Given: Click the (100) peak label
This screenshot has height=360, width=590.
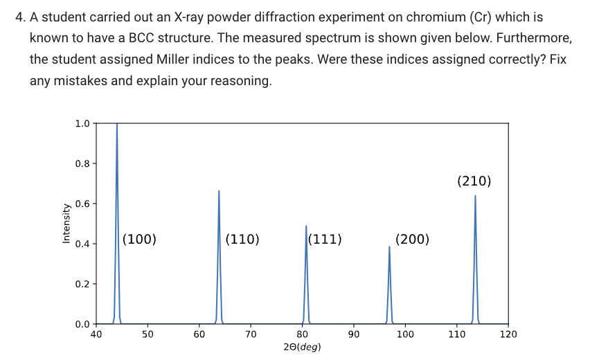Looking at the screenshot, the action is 139,240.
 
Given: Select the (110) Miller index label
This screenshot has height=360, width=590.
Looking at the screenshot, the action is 242,240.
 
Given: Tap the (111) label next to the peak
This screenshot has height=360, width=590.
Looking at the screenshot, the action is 325,240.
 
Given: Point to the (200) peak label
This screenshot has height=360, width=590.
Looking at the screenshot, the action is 413,240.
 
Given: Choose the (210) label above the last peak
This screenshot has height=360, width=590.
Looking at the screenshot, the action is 474,181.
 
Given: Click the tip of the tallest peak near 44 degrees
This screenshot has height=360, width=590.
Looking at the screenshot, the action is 117,124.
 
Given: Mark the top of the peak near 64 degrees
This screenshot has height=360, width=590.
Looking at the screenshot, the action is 219,190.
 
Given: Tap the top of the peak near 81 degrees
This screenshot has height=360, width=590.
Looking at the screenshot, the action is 306,226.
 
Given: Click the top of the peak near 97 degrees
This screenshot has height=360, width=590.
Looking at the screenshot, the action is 389,246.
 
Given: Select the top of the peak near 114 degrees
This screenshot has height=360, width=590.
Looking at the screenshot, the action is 475,196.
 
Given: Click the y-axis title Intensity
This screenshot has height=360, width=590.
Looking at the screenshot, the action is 66,224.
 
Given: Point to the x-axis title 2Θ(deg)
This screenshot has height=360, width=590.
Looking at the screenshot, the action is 302,347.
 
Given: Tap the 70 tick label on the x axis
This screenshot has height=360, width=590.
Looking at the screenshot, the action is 251,334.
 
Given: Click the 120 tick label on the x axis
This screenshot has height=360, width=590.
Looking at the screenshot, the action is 508,334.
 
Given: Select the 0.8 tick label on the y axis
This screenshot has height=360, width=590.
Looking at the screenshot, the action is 82,163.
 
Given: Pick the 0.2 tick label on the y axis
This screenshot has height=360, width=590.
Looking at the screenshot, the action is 82,284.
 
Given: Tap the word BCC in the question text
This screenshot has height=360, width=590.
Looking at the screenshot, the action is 141,38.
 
